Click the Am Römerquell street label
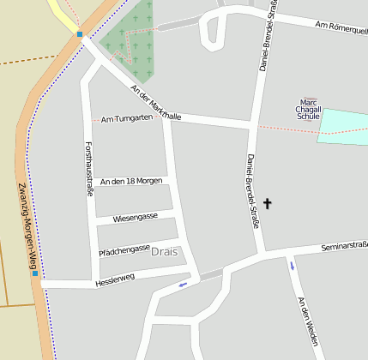pos(341,28)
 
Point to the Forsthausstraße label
pos(89,169)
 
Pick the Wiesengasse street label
pos(135,217)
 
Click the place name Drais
pos(164,252)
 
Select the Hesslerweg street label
pos(116,280)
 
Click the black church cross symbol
pos(267,204)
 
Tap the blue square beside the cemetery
pos(80,35)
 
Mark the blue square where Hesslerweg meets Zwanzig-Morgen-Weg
pos(35,273)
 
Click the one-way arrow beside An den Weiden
pos(292,266)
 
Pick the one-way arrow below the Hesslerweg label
pos(182,285)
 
